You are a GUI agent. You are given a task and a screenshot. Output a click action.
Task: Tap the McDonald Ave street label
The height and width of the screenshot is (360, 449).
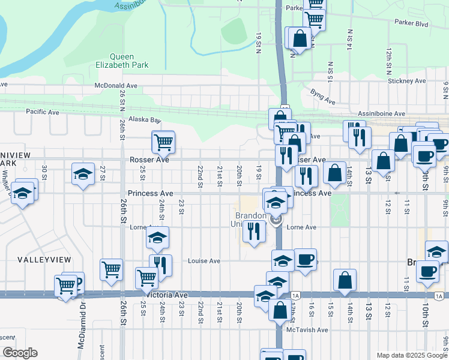pos(116,85)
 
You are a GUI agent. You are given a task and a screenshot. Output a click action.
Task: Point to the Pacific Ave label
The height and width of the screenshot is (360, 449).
pos(42,112)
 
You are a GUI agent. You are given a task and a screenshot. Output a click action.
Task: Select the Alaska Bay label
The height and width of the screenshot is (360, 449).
pos(146,119)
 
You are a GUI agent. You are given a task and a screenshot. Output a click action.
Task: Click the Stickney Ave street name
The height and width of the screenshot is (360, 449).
pos(406,81)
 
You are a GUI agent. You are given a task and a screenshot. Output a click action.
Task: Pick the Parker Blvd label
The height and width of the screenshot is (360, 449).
pos(411,23)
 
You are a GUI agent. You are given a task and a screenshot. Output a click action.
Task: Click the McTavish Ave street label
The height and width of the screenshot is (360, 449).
pos(307,329)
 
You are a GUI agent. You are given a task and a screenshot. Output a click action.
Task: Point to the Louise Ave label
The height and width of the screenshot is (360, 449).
pos(204,261)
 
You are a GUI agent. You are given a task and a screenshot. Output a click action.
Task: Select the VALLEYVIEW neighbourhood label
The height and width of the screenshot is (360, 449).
pos(44,260)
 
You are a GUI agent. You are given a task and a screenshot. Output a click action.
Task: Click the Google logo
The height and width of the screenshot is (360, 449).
pos(20,352)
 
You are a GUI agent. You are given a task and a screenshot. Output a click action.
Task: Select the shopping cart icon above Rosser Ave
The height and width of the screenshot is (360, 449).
pos(163,142)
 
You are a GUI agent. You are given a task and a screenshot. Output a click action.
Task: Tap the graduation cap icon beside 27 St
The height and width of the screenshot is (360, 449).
pos(82,174)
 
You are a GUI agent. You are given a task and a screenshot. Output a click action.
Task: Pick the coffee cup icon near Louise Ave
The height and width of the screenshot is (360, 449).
pos(305,259)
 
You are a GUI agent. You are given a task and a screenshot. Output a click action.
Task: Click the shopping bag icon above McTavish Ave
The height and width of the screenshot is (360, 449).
pos(280,310)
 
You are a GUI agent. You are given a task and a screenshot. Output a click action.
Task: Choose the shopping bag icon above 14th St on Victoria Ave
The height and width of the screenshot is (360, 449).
pos(345,280)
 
